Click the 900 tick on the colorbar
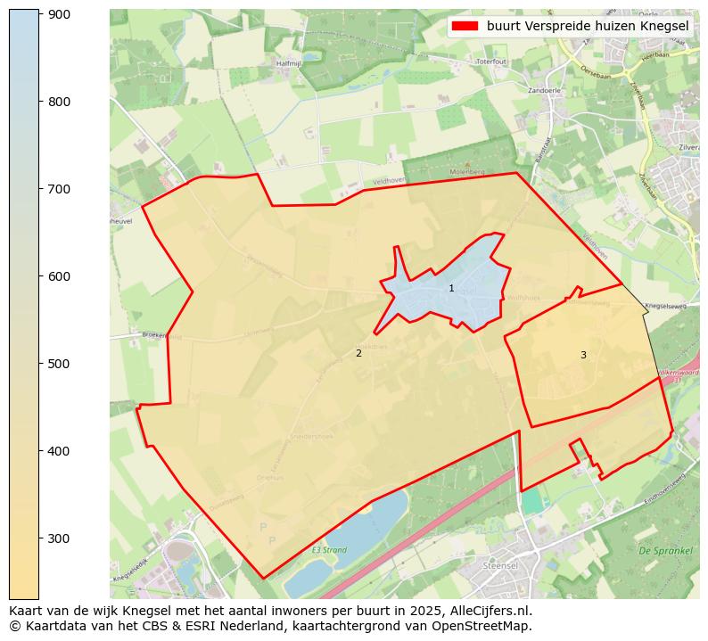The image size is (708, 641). (41, 14)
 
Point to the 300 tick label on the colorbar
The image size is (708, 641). (59, 538)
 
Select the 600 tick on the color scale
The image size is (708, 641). (41, 276)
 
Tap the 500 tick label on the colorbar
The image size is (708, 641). (59, 364)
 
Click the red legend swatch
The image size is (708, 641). (465, 26)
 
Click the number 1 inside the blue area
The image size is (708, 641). (451, 288)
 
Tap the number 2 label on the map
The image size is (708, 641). (358, 353)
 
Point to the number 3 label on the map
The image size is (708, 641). (583, 355)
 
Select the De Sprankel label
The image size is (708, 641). (665, 551)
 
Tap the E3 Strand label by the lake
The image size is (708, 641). (328, 550)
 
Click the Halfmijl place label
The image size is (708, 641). (289, 63)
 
